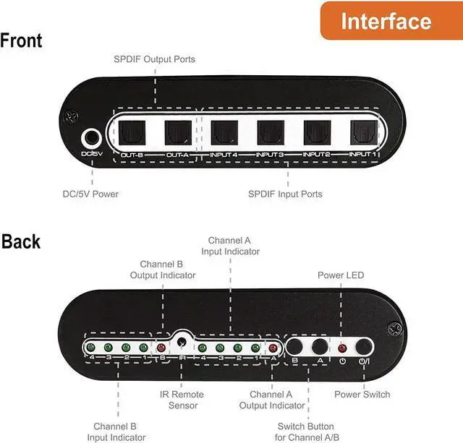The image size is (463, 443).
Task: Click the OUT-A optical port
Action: coord(177,132)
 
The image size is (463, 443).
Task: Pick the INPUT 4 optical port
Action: coord(224,132)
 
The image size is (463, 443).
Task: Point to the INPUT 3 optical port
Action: coord(270,132)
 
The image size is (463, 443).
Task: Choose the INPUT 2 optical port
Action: coord(316,132)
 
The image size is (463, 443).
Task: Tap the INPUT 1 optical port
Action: coord(362,132)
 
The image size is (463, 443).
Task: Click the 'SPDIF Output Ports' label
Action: coord(153,59)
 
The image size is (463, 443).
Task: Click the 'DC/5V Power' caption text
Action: coord(90,194)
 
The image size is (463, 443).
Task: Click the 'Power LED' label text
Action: coord(341,275)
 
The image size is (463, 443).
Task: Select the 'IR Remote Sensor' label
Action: coord(182,400)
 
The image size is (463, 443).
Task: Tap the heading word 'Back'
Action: coord(21,241)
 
